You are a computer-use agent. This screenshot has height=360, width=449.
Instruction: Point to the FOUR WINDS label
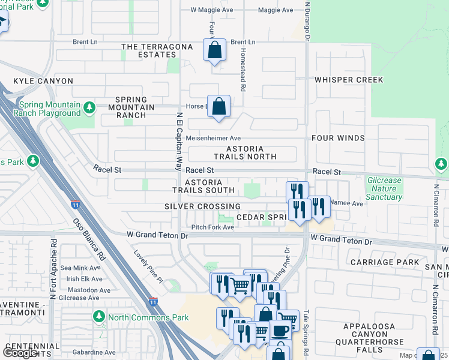338,138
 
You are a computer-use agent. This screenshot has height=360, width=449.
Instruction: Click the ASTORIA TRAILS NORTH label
251,152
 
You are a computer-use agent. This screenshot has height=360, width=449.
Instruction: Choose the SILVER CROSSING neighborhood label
202,206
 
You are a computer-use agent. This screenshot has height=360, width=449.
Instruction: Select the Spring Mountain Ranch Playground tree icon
89,108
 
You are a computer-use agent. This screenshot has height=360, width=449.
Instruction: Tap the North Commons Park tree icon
98,316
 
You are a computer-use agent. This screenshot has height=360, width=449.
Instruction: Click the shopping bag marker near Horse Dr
220,107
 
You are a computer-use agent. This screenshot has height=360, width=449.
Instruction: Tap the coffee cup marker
279,331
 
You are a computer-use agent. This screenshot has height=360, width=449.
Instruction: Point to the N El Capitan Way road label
179,142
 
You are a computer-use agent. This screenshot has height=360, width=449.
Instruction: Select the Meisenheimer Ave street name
213,138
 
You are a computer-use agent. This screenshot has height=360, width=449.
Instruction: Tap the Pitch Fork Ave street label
212,227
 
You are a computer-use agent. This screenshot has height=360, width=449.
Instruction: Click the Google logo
20,353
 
